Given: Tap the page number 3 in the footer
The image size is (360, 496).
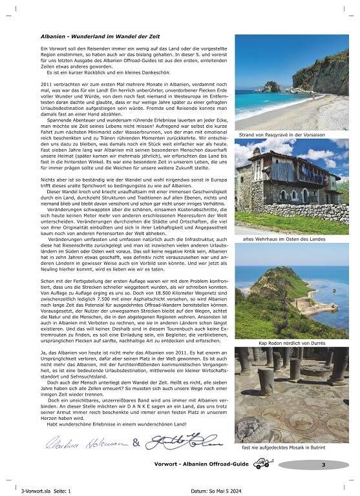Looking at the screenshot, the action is [323, 464].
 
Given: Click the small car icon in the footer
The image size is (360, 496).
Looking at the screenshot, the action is [262, 463].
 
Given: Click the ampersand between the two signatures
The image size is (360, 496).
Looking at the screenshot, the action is [136, 442].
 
